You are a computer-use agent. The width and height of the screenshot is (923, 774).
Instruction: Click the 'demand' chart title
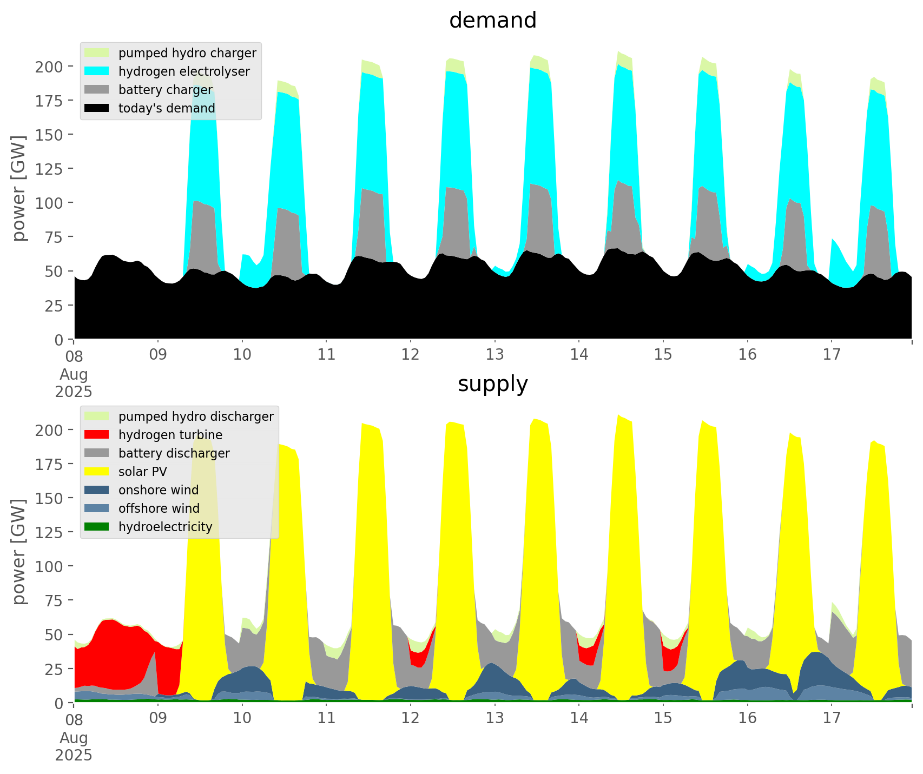coord(492,21)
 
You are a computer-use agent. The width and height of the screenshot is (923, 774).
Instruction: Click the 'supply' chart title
coord(492,384)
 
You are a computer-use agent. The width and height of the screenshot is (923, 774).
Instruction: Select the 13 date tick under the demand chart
coord(495,355)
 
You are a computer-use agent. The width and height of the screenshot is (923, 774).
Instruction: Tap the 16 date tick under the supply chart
coord(747,718)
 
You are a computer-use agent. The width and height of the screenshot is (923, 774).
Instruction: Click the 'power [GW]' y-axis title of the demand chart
coord(19,188)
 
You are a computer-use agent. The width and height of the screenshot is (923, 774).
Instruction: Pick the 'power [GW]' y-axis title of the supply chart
coord(19,552)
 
